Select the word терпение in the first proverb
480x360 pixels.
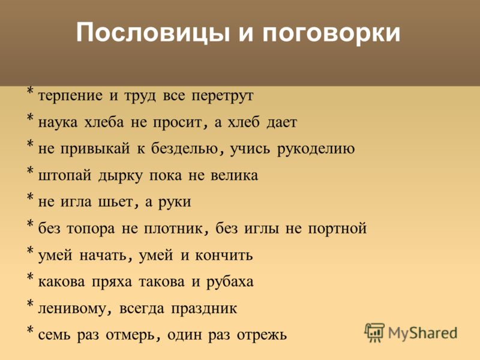[x=70, y=96]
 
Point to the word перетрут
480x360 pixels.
[x=223, y=96]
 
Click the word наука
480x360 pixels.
[x=58, y=123]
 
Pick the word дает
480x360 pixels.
[x=281, y=122]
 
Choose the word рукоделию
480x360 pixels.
[x=316, y=149]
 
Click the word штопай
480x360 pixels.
[x=65, y=176]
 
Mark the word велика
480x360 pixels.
[x=234, y=176]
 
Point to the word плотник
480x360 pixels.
[x=173, y=229]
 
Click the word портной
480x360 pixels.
[x=337, y=229]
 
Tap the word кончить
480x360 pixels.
[x=224, y=256]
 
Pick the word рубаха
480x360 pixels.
[x=230, y=282]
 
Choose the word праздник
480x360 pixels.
[x=204, y=309]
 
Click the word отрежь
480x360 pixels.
[x=262, y=335]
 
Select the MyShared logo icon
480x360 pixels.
[x=374, y=333]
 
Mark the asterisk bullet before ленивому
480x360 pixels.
[x=29, y=304]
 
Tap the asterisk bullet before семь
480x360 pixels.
[x=29, y=331]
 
